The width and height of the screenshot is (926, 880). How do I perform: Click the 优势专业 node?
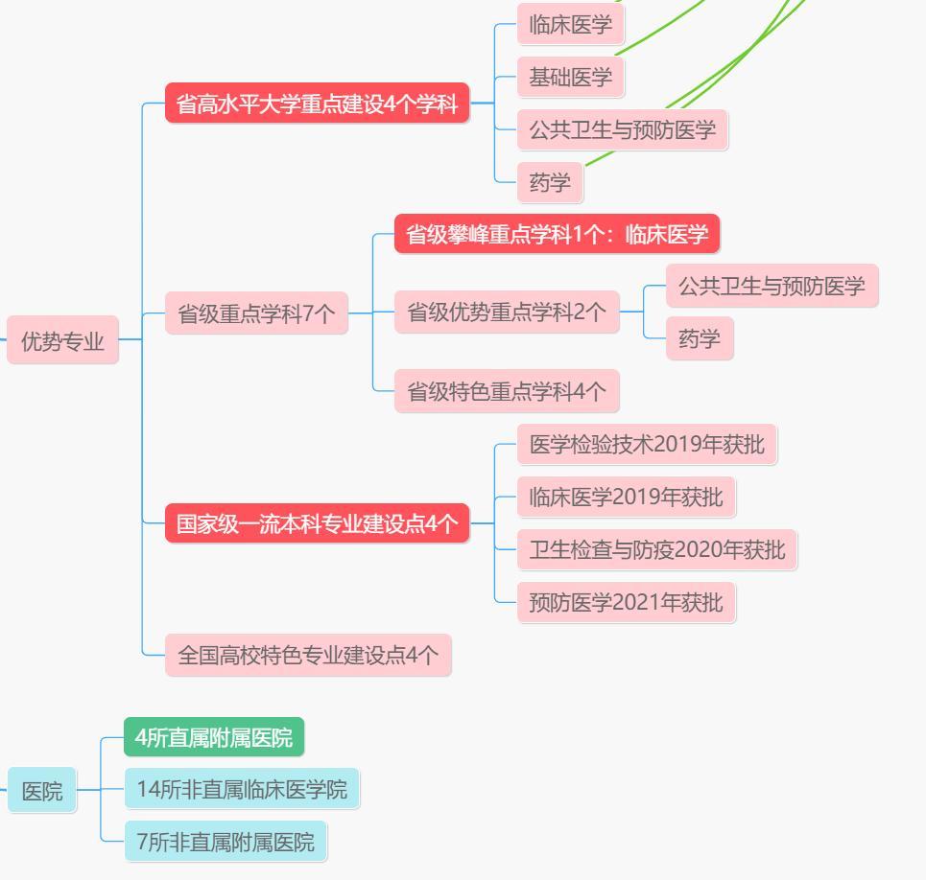[x=62, y=340]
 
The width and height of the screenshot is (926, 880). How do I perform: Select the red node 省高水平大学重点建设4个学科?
[x=317, y=104]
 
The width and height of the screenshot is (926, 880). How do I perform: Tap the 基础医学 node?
[x=570, y=77]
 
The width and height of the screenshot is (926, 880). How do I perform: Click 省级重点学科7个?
[x=256, y=313]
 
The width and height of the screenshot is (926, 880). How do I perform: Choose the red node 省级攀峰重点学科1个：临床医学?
[x=557, y=234]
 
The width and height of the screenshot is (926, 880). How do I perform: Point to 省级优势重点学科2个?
[x=507, y=312]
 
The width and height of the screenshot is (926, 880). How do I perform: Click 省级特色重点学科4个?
[x=507, y=391]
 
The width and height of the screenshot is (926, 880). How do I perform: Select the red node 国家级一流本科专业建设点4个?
[x=317, y=523]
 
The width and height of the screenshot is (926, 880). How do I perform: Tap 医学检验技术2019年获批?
[x=647, y=445]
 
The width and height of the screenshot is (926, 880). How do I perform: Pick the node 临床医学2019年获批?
[x=626, y=497]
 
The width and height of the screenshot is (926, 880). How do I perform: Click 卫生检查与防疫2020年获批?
[x=656, y=549]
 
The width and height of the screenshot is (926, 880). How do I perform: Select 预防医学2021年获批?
[x=626, y=602]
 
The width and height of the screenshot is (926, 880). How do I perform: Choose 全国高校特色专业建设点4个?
[x=307, y=655]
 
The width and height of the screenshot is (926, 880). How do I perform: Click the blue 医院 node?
[x=42, y=791]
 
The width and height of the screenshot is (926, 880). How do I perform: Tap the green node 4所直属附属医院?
[x=213, y=737]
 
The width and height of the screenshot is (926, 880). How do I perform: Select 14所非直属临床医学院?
[x=242, y=789]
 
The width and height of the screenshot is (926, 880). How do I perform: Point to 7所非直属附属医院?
[x=226, y=842]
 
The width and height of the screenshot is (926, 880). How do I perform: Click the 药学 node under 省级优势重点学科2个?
[x=699, y=338]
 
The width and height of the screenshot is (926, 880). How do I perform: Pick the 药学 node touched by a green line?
[x=550, y=182]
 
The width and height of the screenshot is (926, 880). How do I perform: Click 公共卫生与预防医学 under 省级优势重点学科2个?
[x=772, y=286]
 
